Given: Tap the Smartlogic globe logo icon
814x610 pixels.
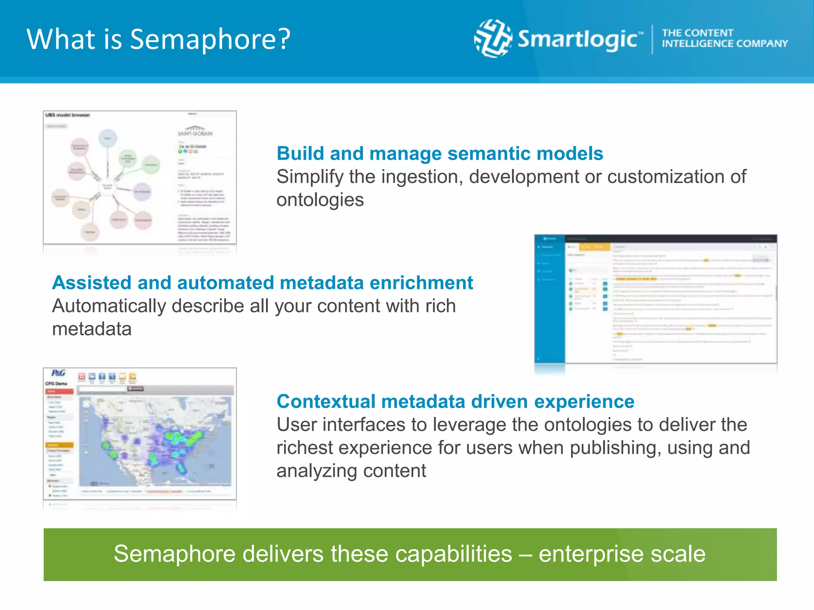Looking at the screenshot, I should click(x=493, y=39).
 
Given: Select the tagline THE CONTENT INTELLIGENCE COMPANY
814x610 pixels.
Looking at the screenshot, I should click(x=724, y=39).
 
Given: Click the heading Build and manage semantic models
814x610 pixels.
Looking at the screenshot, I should click(x=440, y=154).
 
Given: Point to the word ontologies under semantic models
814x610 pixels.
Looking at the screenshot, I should click(x=320, y=200).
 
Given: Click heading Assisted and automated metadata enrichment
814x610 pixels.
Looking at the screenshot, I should click(x=262, y=283).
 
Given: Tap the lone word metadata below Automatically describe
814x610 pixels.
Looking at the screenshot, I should click(x=92, y=329).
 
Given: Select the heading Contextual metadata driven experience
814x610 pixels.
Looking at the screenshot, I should click(x=455, y=402).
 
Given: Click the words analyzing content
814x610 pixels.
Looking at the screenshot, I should click(x=351, y=471).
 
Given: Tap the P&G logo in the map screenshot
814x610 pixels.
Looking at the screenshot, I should click(x=58, y=373).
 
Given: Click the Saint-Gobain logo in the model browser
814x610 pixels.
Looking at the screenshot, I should click(x=195, y=131).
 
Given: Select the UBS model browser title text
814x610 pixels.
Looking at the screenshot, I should click(x=68, y=115).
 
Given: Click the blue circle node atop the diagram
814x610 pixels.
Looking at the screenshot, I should click(x=107, y=138).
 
